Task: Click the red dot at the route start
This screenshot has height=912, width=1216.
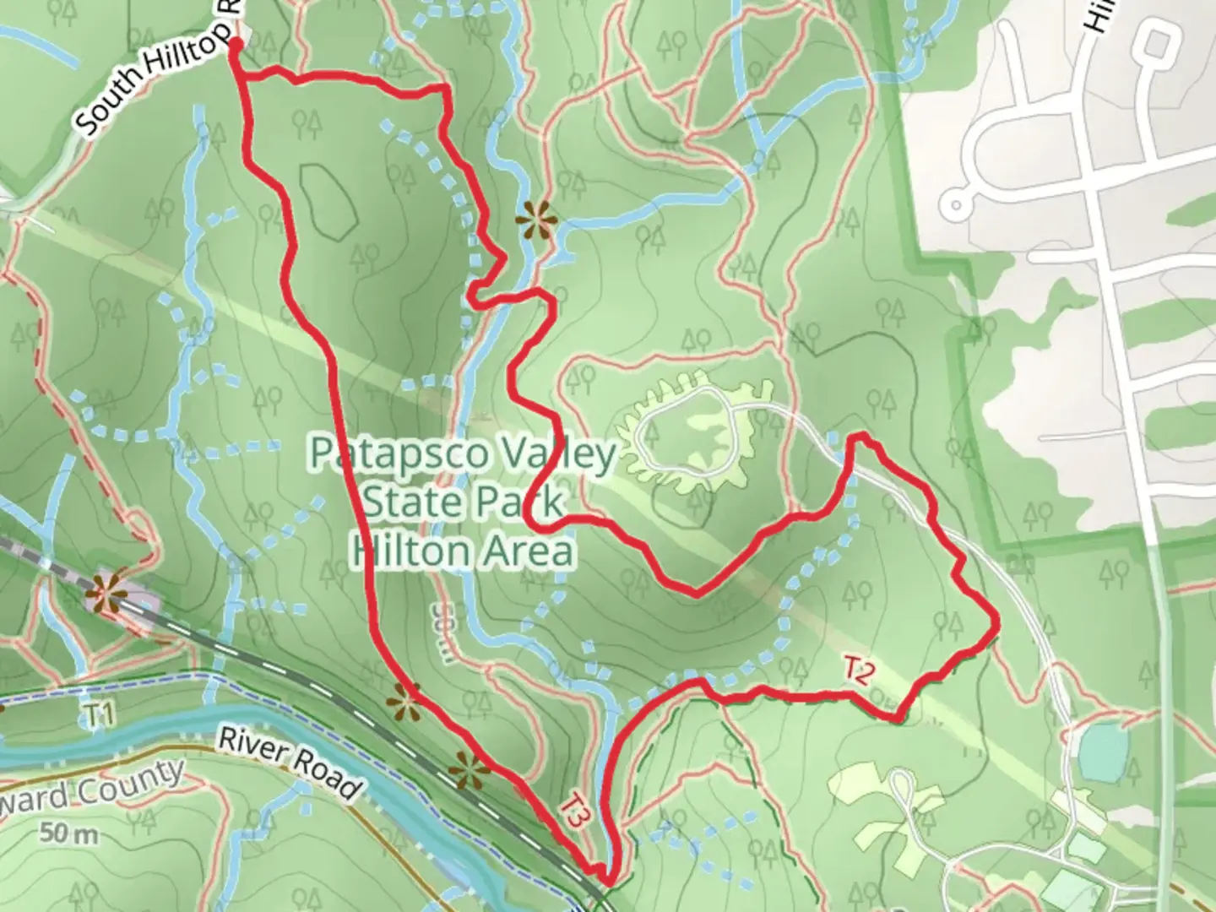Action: [236, 44]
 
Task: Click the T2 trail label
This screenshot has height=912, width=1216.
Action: [858, 671]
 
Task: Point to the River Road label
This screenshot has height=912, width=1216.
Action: [288, 763]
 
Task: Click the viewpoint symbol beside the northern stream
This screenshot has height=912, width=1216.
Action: [538, 220]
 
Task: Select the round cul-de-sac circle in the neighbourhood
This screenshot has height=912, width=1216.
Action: [956, 204]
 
